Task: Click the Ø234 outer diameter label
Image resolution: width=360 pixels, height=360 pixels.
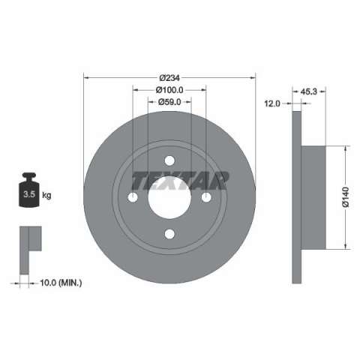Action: pyautogui.click(x=169, y=78)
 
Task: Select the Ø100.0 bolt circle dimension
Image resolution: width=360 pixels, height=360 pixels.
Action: pyautogui.click(x=169, y=90)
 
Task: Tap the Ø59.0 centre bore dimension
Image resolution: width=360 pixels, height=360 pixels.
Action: pyautogui.click(x=169, y=102)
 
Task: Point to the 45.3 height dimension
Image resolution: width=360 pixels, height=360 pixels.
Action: pyautogui.click(x=308, y=91)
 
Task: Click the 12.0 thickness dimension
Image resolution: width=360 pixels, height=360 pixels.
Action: pyautogui.click(x=272, y=103)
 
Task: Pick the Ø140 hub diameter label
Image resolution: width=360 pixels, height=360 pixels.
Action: pyautogui.click(x=345, y=197)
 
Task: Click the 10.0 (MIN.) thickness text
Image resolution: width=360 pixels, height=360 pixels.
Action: pyautogui.click(x=61, y=283)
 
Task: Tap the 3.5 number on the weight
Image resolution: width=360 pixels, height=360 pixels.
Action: pyautogui.click(x=29, y=194)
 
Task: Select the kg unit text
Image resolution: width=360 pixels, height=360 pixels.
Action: pyautogui.click(x=46, y=194)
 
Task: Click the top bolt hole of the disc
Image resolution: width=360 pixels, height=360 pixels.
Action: pyautogui.click(x=169, y=160)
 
